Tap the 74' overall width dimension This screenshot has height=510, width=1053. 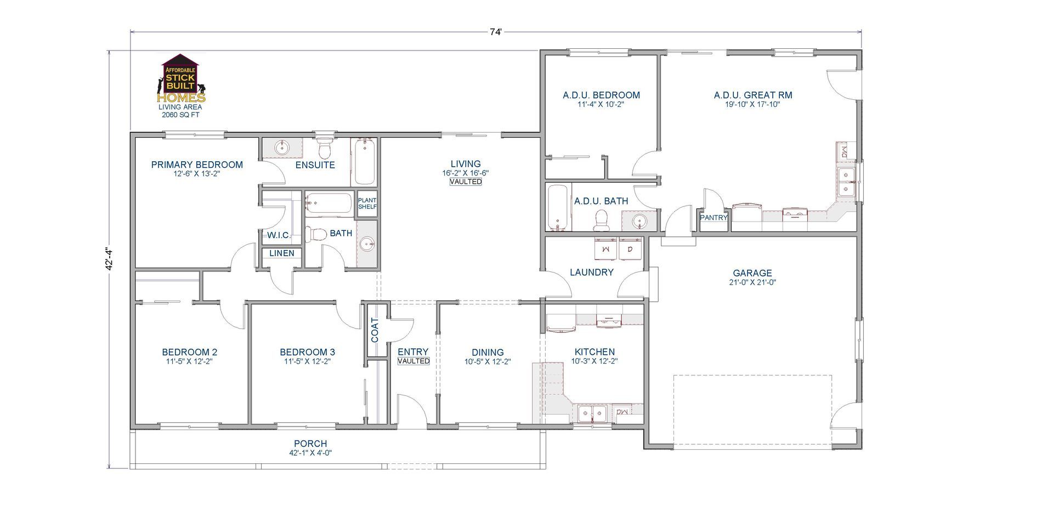495,32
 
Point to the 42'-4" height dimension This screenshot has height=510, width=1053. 110,259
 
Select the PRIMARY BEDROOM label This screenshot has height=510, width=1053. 197,165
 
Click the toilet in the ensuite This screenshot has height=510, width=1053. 325,148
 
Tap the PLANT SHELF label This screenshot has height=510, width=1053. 367,203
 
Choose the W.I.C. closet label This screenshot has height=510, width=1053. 279,235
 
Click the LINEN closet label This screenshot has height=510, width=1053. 282,253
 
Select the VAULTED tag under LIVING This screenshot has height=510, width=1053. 466,182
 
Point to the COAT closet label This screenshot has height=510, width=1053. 375,330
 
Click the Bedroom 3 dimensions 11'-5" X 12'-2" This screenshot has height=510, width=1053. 307,361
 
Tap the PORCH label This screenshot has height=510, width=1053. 310,444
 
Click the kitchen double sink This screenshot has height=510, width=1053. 592,413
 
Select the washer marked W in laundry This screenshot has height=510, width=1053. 606,249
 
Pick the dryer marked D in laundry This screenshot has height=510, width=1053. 630,249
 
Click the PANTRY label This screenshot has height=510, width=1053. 714,218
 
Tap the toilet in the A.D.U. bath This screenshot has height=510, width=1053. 602,222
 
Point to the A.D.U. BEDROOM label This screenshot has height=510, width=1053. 601,95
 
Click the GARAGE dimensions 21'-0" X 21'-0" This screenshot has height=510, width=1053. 752,282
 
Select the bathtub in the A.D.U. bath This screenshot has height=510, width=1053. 558,208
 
